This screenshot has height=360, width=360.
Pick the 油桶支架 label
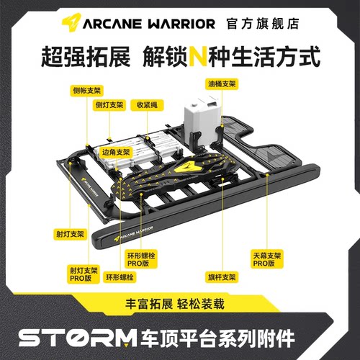[221, 84]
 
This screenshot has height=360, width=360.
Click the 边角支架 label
[115, 153]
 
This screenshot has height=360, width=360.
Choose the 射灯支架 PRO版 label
[81, 274]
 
